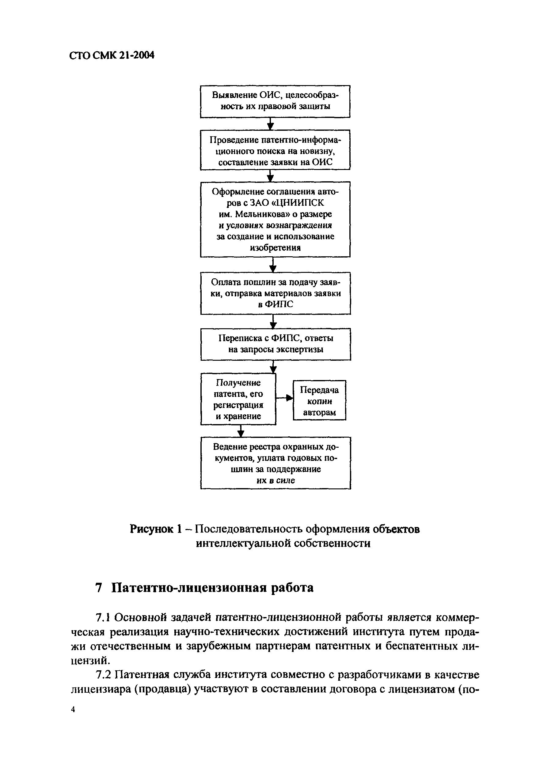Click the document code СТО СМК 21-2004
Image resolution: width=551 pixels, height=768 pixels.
pos(112,55)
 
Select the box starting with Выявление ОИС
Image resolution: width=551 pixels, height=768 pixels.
pos(275,101)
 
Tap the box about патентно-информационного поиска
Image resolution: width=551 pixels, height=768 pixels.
pos(275,150)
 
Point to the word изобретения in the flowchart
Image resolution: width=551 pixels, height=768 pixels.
pos(275,247)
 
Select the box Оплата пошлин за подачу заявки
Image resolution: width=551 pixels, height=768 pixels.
pos(275,293)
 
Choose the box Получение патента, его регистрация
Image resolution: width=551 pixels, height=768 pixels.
pos(238,399)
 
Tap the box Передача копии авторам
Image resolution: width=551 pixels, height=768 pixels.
pos(319,400)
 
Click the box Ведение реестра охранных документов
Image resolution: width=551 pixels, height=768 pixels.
pos(275,463)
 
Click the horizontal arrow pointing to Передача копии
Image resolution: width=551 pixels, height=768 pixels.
pos(284,398)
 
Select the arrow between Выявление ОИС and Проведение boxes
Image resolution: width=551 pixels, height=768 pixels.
pos(270,124)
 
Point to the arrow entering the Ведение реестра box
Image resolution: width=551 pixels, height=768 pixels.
pos(241,431)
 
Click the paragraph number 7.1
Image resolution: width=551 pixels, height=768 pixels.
pos(103,618)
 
